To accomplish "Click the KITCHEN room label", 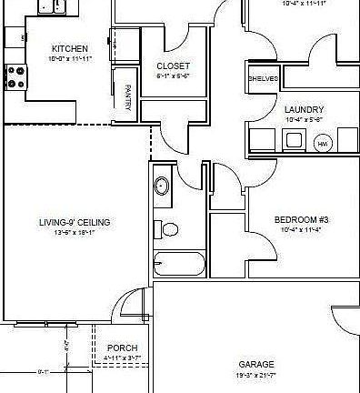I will (x=69, y=48).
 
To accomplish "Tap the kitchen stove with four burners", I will (x=15, y=77).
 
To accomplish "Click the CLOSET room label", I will (x=173, y=66).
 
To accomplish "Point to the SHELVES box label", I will (x=263, y=79).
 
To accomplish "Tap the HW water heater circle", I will (x=322, y=144).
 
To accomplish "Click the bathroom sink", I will (x=161, y=186).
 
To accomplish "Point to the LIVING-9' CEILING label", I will (x=75, y=222).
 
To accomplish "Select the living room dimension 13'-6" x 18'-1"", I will (x=75, y=233).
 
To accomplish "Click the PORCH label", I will (x=123, y=348).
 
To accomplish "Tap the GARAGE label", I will (x=255, y=364).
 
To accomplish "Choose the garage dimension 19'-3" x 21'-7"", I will (x=255, y=375).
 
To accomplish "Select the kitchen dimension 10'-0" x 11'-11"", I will (x=69, y=58).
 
